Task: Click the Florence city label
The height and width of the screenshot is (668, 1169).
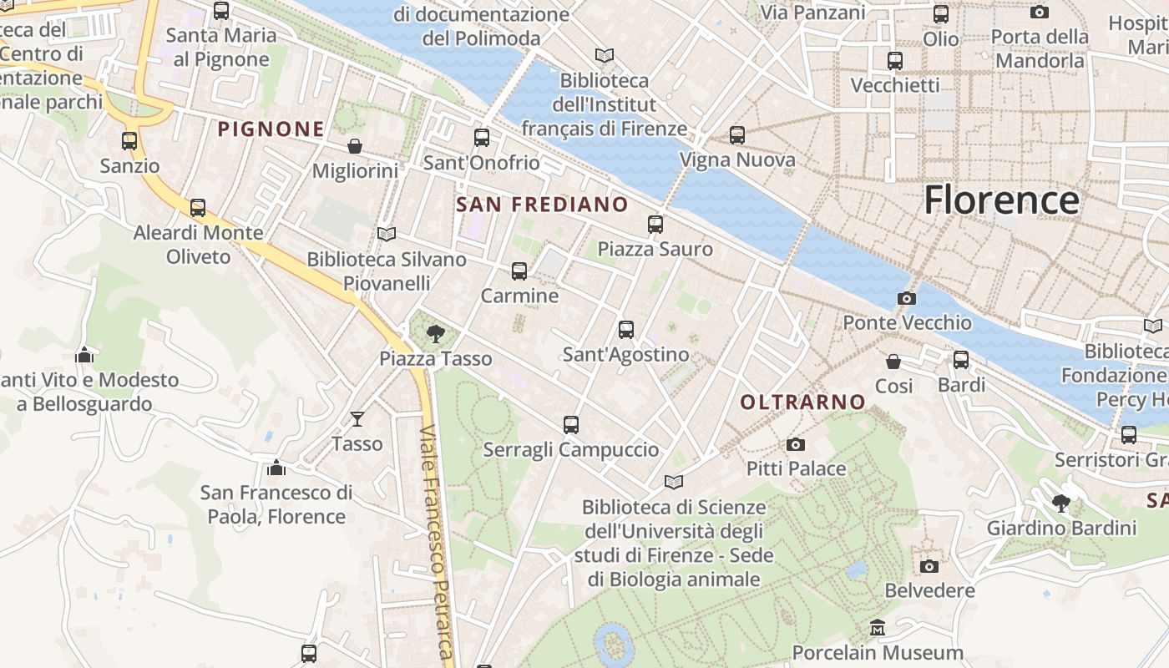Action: pyautogui.click(x=1001, y=200)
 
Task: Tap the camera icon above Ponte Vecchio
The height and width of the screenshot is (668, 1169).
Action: pyautogui.click(x=906, y=298)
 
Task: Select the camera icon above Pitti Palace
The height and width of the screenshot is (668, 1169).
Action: pyautogui.click(x=796, y=444)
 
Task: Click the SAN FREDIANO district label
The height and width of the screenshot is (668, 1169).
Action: pyautogui.click(x=542, y=205)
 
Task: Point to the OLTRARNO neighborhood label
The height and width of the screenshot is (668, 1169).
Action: pyautogui.click(x=802, y=402)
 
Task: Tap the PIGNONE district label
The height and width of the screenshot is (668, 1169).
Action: pyautogui.click(x=271, y=129)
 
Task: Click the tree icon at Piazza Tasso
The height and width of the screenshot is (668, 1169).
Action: pyautogui.click(x=435, y=335)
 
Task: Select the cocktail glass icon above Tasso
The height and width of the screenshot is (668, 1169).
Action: pyautogui.click(x=357, y=418)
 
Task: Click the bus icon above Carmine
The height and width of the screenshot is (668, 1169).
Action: pyautogui.click(x=519, y=271)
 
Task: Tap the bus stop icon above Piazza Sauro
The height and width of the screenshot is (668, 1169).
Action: pyautogui.click(x=655, y=224)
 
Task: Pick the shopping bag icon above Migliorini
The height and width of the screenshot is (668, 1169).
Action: pyautogui.click(x=355, y=146)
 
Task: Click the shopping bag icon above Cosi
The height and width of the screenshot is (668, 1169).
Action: pyautogui.click(x=893, y=362)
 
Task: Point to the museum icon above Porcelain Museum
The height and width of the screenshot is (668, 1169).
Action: pyautogui.click(x=878, y=627)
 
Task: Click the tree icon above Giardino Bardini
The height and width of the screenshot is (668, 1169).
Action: pyautogui.click(x=1061, y=503)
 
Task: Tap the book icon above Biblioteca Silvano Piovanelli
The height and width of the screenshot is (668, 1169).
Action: pyautogui.click(x=386, y=234)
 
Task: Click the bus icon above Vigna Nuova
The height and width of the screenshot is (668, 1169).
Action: pyautogui.click(x=737, y=134)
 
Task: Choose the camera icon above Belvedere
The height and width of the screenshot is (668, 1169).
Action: pyautogui.click(x=929, y=566)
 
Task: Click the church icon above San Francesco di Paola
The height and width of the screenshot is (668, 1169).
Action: pyautogui.click(x=276, y=468)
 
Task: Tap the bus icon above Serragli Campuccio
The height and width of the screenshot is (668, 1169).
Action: pyautogui.click(x=571, y=425)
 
